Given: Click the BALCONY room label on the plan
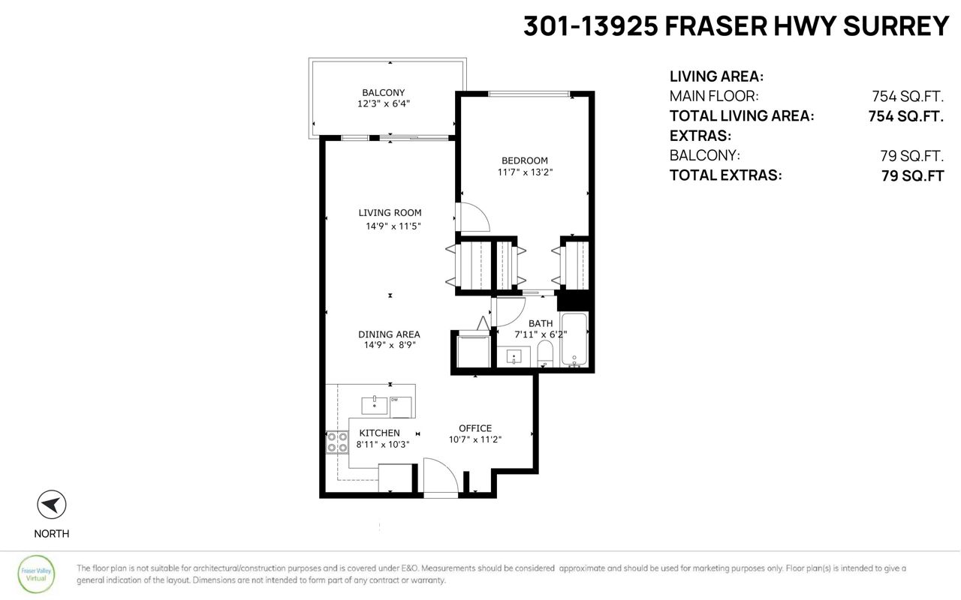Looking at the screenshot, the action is point(383,92).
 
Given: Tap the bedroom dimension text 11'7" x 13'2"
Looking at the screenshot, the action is point(525,172).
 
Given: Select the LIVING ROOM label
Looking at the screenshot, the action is point(390,212).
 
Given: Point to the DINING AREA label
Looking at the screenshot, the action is point(389,334).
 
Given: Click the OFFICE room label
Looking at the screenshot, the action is point(475,428).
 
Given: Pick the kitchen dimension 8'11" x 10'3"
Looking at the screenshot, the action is point(383,445).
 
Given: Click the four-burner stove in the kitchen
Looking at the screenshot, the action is point(337,442).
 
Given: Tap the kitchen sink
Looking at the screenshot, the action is point(375,405).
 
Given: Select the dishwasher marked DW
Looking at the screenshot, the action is point(401,407).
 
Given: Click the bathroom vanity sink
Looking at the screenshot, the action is point(514,356).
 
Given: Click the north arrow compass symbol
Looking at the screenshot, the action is point(52,505).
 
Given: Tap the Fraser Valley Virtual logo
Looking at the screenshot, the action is point(36,574).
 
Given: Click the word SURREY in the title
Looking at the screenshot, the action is point(896,25).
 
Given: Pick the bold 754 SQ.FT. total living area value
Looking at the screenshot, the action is point(905,116).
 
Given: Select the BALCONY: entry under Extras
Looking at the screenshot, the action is point(704,155).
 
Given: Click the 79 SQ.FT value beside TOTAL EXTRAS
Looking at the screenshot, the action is point(912,175).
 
